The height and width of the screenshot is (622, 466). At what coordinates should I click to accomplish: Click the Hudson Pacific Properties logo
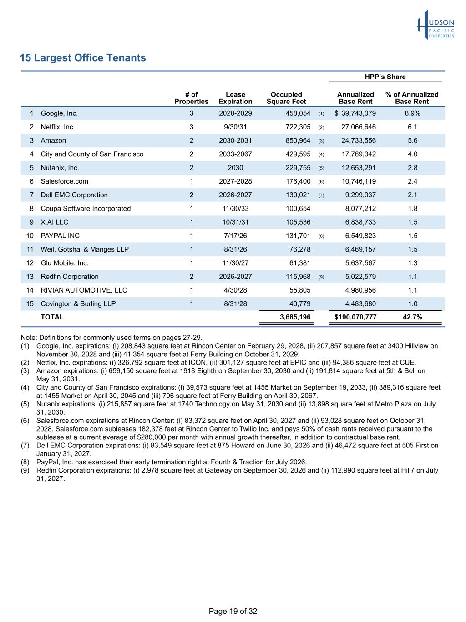tap(436, 26)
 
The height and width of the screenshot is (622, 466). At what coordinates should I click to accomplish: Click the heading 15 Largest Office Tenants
tap(83, 58)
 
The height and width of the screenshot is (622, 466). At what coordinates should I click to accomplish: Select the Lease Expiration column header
tap(235, 98)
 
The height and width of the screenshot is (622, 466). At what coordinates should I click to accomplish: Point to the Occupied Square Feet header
tap(286, 98)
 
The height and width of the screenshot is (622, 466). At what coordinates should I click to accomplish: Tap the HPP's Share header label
tap(385, 77)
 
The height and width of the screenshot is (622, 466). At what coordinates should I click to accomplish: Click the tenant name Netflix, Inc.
tap(58, 127)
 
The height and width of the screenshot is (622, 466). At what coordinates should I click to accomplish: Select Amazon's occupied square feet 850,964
tap(296, 141)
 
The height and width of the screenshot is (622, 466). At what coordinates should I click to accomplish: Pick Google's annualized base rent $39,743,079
tap(355, 113)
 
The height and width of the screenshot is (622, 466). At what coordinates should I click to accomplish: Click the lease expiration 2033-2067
tap(235, 154)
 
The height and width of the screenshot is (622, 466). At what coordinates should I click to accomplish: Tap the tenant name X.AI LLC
tap(55, 222)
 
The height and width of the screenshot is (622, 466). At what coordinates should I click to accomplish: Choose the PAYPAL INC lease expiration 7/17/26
tap(235, 236)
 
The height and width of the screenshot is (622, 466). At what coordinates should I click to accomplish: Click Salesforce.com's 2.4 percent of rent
tap(412, 181)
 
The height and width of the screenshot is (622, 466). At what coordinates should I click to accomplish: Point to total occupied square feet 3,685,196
tap(295, 317)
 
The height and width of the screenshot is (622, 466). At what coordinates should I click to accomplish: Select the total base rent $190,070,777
tap(355, 317)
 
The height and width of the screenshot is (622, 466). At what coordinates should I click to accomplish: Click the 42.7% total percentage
tap(412, 317)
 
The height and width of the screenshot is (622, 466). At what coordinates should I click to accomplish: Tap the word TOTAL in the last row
tap(52, 317)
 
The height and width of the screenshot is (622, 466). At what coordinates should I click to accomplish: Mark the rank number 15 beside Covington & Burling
tap(30, 304)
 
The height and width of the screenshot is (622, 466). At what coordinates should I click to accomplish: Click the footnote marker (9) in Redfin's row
tap(321, 277)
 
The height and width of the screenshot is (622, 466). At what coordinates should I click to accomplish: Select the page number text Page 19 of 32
tap(233, 612)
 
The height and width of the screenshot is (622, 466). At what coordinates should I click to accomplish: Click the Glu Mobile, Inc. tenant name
tap(65, 263)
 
